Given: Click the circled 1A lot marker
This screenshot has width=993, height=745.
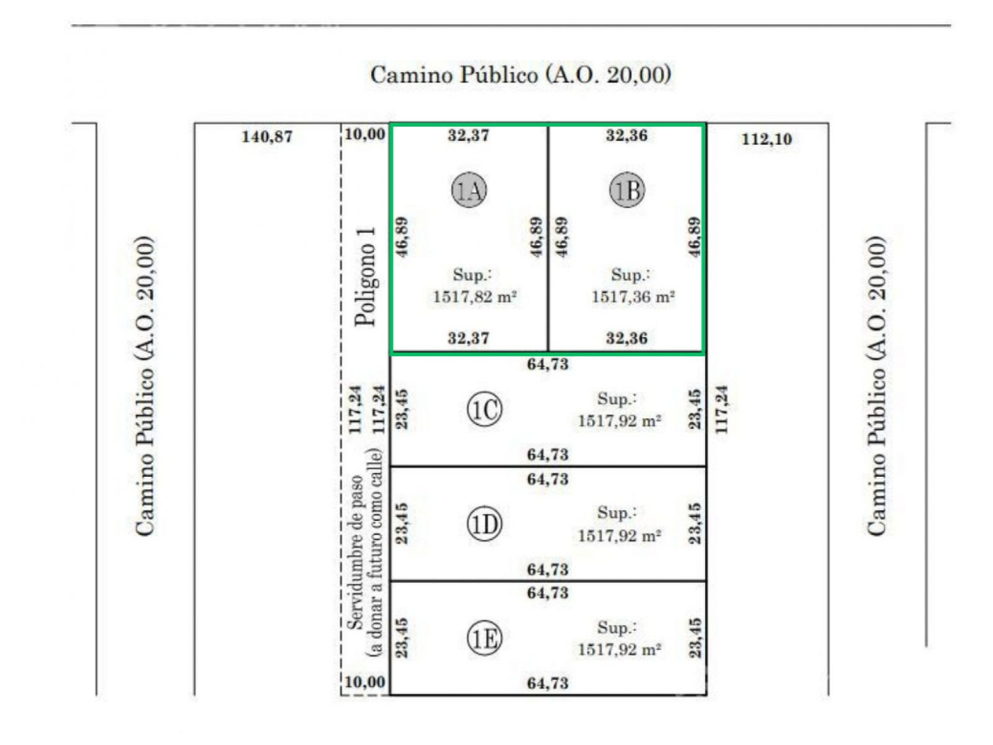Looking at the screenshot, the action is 469,190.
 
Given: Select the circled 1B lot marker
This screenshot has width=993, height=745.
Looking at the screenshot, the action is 627,190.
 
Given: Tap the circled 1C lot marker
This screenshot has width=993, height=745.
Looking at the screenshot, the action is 484,409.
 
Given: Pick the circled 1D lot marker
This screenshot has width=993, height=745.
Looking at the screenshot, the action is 484,524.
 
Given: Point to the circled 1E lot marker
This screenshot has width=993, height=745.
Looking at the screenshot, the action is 484,638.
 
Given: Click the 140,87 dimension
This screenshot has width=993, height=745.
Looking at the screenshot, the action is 267,137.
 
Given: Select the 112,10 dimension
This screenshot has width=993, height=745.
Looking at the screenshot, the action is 766,139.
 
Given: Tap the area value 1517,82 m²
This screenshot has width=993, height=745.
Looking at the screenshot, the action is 475,297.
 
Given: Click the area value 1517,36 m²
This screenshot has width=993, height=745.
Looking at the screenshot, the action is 634,297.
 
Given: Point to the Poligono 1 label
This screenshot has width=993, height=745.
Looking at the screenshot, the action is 365,276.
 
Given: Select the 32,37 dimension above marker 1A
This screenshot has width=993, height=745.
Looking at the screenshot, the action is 468,135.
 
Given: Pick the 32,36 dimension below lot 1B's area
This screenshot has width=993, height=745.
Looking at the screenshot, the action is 627,338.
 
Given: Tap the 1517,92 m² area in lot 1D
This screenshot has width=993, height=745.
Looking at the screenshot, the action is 619,536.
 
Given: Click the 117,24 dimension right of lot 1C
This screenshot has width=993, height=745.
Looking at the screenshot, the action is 722,409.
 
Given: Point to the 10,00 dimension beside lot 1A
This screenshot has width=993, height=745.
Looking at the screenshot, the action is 365,134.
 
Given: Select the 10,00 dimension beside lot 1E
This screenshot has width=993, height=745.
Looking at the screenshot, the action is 365,682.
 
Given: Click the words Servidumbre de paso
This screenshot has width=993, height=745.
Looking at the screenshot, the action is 356,552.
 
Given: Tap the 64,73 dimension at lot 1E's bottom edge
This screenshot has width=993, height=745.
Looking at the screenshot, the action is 547,684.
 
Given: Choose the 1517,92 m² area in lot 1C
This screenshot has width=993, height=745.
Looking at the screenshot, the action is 619,421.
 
